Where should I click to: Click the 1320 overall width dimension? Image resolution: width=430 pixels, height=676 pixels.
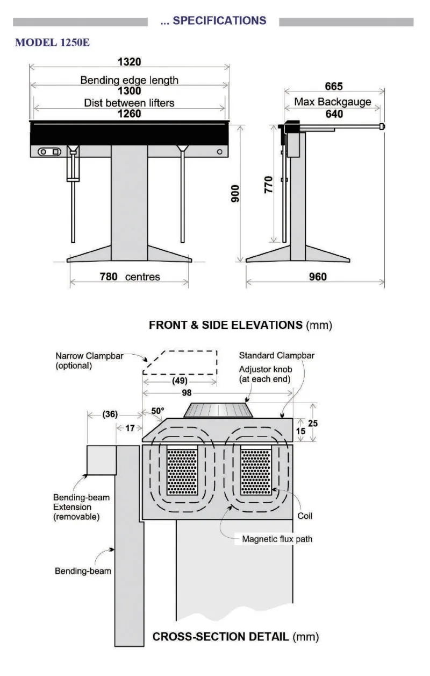pyautogui.click(x=130, y=62)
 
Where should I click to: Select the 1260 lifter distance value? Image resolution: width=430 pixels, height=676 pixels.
pyautogui.click(x=130, y=114)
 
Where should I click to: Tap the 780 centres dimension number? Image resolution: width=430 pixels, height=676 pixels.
pyautogui.click(x=110, y=277)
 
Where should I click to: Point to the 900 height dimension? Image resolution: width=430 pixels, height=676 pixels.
pyautogui.click(x=235, y=193)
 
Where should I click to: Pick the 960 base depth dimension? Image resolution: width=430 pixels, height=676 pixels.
pyautogui.click(x=318, y=277)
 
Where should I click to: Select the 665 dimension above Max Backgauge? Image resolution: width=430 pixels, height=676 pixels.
pyautogui.click(x=334, y=87)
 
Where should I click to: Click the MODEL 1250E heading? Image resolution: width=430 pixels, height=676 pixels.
pyautogui.click(x=52, y=43)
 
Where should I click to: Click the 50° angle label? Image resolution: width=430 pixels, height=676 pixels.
pyautogui.click(x=157, y=411)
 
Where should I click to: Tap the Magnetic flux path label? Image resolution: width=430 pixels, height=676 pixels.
pyautogui.click(x=277, y=539)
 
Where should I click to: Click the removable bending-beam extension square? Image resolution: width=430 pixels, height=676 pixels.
pyautogui.click(x=102, y=460)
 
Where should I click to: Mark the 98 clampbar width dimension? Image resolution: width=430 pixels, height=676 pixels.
pyautogui.click(x=186, y=393)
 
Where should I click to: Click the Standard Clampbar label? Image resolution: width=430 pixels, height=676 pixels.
pyautogui.click(x=276, y=356)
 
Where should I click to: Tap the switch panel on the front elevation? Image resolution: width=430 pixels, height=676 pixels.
pyautogui.click(x=49, y=152)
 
